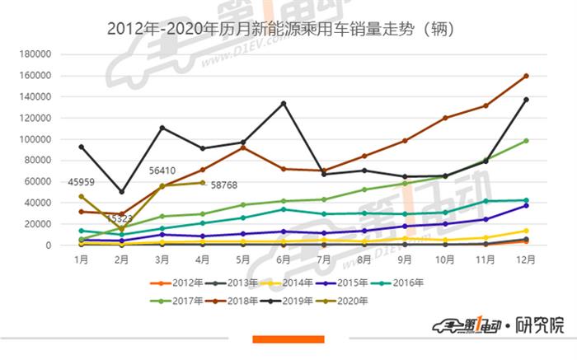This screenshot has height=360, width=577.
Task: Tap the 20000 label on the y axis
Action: pos(38,224)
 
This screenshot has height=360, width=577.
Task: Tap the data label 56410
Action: pos(162,171)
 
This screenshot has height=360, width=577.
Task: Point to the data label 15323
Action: pos(121,219)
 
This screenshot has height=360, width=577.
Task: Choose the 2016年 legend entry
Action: pos(403,283)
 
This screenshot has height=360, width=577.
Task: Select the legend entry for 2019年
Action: pos(295,301)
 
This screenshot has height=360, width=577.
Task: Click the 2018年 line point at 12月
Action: pos(526,76)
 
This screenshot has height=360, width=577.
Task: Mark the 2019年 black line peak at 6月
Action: pos(284,103)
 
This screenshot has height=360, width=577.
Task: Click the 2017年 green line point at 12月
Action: pos(526,141)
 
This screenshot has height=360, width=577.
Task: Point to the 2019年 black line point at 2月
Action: pos(121,192)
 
